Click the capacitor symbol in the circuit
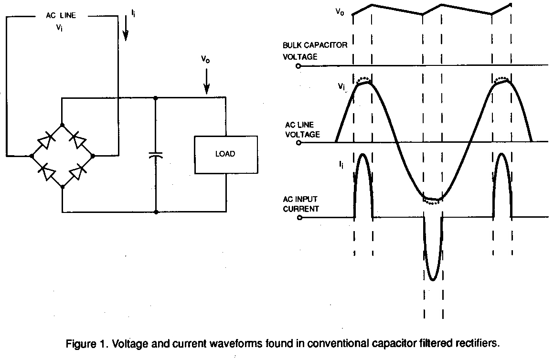pos(156,155)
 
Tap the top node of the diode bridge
pos(62,124)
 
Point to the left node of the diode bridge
pos(31,156)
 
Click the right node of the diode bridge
pos(93,156)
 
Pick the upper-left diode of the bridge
pos(46,140)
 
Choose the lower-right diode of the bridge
pos(78,171)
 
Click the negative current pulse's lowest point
pos(433,280)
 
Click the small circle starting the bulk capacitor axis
pos(298,66)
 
